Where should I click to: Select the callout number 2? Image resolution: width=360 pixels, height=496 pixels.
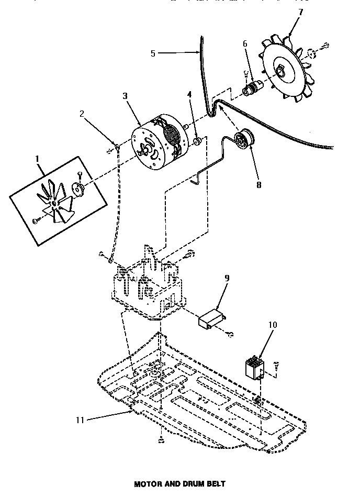[82, 113]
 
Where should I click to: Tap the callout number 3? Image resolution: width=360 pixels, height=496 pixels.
[125, 96]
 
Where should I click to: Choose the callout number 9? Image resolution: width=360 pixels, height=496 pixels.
[227, 278]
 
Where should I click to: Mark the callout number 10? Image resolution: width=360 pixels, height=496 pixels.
[273, 325]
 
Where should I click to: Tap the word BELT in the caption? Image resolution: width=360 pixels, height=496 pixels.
[215, 484]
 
